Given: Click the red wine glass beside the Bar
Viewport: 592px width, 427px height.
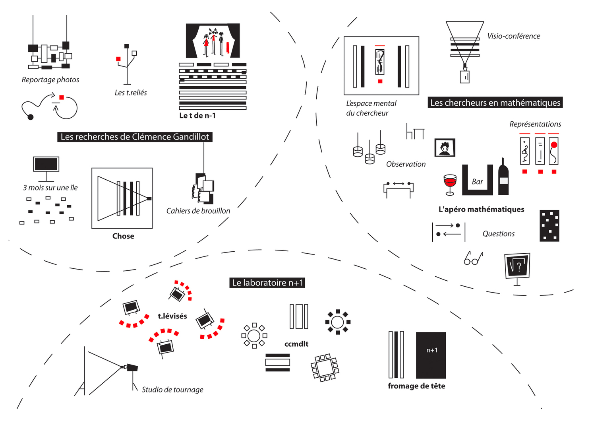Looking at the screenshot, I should point(450,183).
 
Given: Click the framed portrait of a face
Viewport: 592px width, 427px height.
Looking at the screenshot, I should point(445,148).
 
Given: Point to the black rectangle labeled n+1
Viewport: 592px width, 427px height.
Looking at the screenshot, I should point(431,355).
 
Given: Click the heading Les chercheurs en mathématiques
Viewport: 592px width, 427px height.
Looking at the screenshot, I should point(495,103).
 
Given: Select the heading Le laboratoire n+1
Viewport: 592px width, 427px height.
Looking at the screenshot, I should point(267,283).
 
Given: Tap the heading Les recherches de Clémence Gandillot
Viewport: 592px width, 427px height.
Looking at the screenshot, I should point(135,137).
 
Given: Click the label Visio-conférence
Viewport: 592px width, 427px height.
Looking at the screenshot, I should point(513,36).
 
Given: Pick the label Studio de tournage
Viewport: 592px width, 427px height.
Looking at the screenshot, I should point(172,390).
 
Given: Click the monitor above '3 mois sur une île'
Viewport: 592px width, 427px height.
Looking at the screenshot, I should point(46,164).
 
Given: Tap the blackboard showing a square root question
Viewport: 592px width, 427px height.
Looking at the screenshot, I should point(517,265).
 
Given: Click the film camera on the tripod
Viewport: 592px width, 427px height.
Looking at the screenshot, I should point(131,368).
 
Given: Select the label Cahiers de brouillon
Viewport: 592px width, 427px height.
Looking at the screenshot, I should point(198,211).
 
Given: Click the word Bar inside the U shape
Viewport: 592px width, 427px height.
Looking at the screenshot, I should point(477,182).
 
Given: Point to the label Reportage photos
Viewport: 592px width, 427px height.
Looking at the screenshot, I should point(50,80).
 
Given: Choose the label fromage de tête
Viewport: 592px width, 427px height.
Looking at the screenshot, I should point(416,386).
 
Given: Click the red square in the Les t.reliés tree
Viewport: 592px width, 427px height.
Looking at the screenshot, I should point(118,59).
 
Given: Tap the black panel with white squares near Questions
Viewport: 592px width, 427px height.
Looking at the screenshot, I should point(549,226).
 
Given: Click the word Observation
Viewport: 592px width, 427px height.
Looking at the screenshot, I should point(406,164).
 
